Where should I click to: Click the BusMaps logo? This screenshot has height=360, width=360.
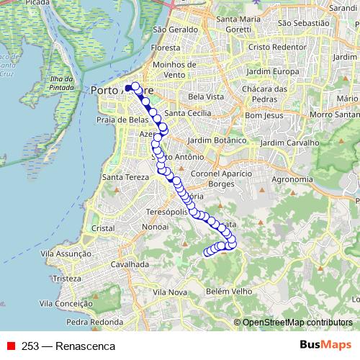(x=325, y=346)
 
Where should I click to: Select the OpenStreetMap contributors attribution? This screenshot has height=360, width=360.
(x=297, y=323)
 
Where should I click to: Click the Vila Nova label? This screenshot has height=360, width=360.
(x=170, y=292)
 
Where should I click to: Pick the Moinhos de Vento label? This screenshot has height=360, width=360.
(x=170, y=69)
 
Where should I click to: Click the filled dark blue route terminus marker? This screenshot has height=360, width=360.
(x=128, y=89)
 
